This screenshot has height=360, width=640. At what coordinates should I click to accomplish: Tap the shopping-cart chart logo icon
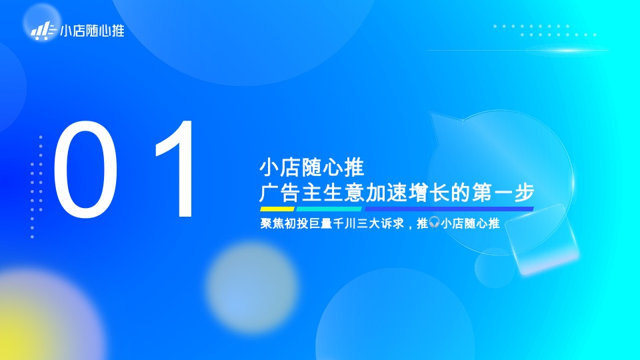pyautogui.click(x=43, y=30)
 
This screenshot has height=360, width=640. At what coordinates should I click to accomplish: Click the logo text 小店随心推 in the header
pyautogui.click(x=92, y=31)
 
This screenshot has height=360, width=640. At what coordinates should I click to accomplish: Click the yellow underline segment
pyautogui.click(x=277, y=209)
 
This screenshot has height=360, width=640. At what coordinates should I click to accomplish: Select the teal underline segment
pyautogui.click(x=329, y=209)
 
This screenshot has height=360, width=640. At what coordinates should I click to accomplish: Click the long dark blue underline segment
pyautogui.click(x=449, y=209)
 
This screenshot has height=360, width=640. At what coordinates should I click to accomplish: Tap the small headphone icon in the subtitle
pyautogui.click(x=434, y=223)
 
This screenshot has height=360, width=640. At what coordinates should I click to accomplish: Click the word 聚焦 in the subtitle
pyautogui.click(x=271, y=223)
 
